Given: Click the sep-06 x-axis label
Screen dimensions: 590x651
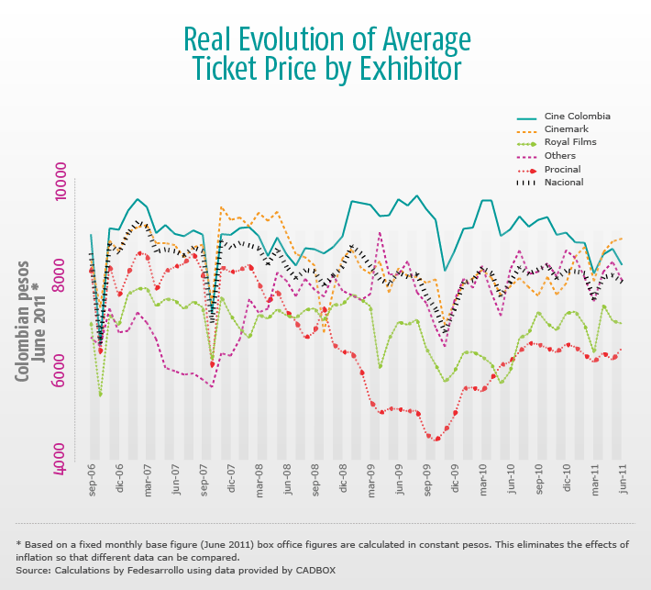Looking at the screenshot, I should tap(93, 480).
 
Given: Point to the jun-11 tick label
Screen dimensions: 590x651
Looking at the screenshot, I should tap(623, 480).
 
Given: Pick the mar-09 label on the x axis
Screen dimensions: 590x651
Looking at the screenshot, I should tap(372, 480).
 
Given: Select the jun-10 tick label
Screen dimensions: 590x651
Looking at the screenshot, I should tap(512, 480).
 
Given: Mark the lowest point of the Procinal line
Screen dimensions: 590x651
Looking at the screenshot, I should tap(436, 439).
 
